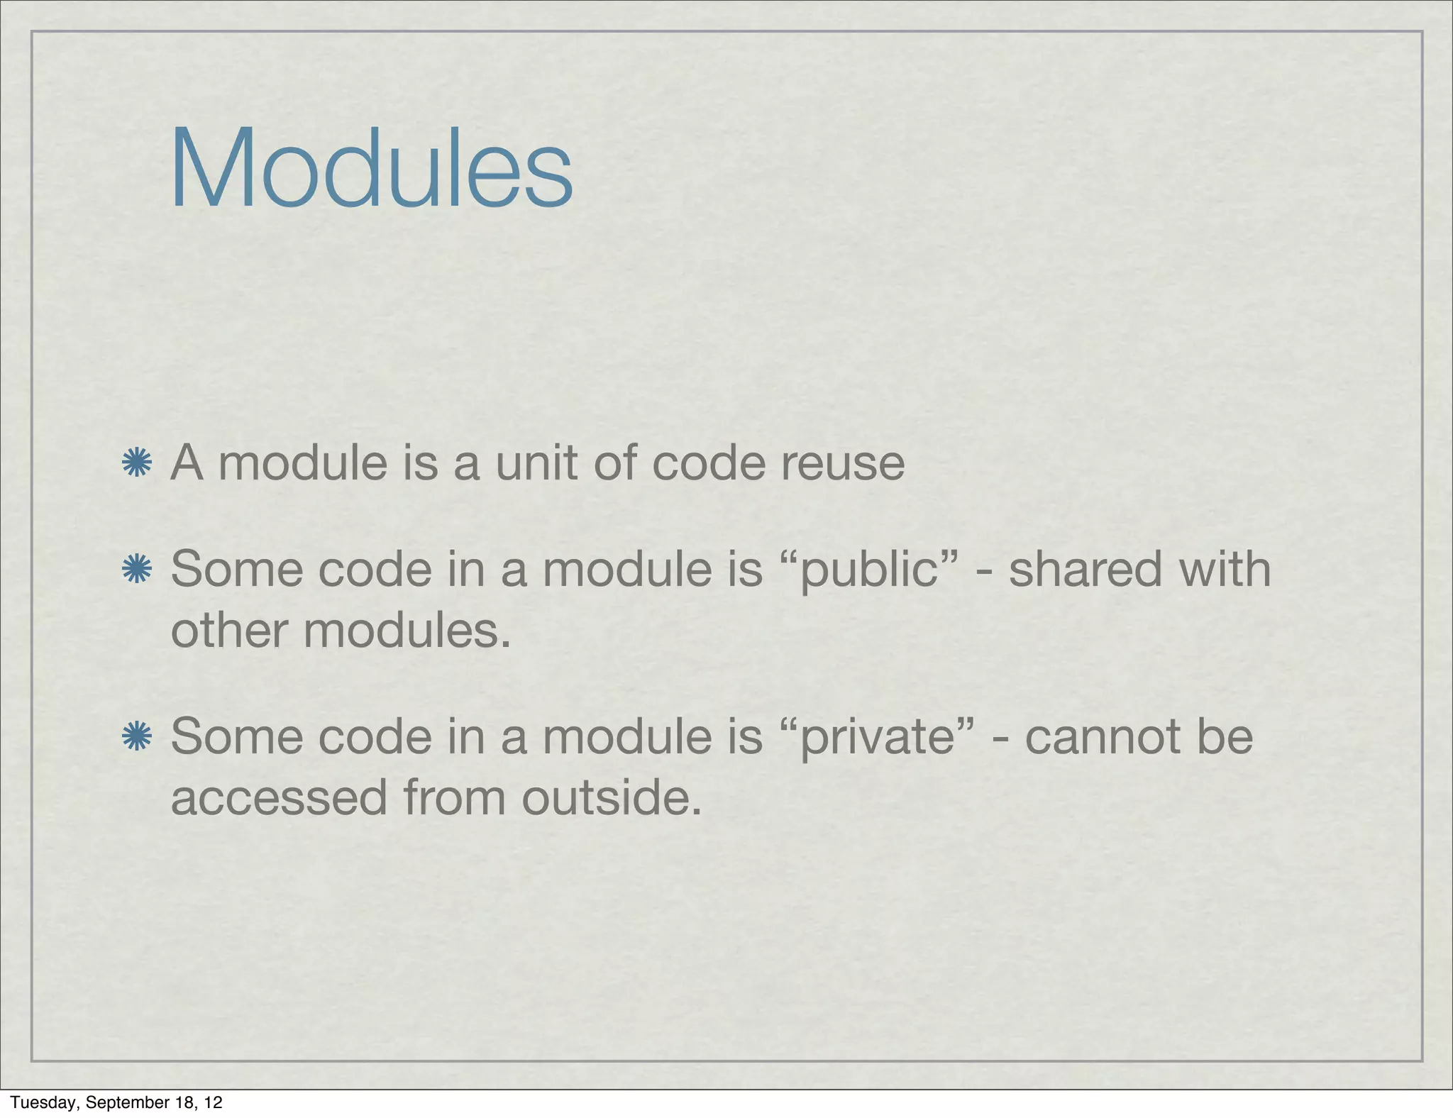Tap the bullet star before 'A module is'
tap(136, 463)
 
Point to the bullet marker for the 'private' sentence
tap(136, 736)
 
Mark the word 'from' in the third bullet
tap(454, 797)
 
